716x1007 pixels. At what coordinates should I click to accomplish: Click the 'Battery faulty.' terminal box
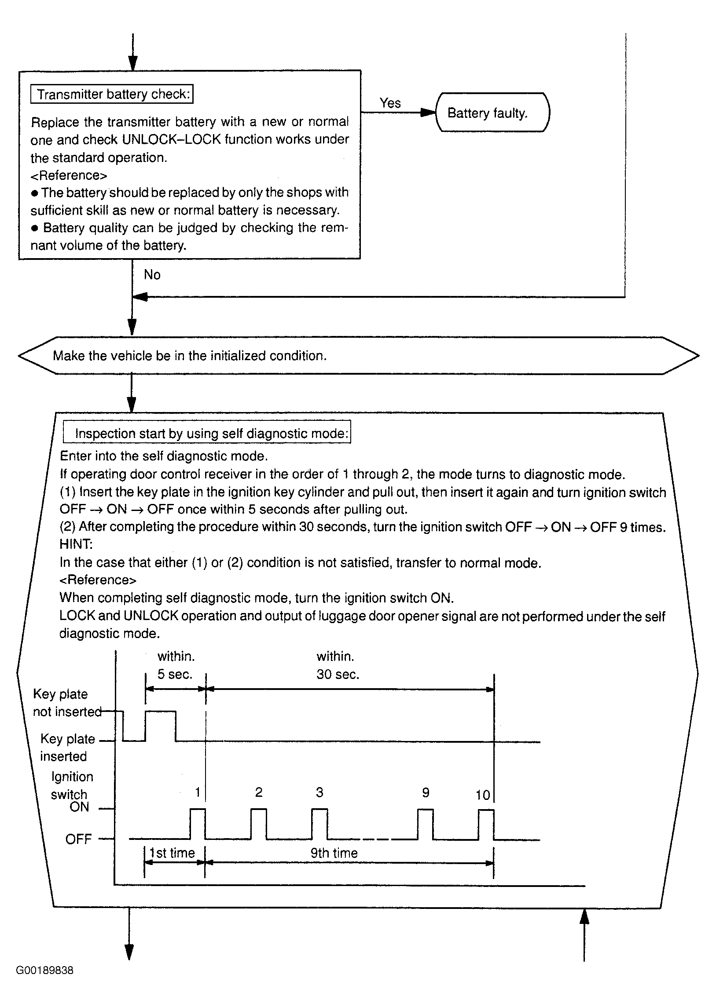[x=492, y=113]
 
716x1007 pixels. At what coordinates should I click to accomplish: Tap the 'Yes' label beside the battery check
[x=390, y=103]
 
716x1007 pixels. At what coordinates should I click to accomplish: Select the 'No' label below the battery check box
[x=152, y=275]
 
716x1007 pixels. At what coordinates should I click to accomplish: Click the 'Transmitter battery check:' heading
[x=112, y=94]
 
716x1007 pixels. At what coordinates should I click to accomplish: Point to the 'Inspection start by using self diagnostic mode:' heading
[x=207, y=434]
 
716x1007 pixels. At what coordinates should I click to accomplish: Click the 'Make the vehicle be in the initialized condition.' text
[x=190, y=356]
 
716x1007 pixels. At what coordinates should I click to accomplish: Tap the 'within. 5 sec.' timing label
[x=176, y=665]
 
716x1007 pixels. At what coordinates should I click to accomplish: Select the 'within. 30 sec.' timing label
[x=337, y=665]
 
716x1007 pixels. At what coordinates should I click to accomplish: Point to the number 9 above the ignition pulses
[x=426, y=793]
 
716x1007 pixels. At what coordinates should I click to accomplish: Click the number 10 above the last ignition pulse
[x=482, y=795]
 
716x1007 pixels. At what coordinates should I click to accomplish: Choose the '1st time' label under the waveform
[x=172, y=853]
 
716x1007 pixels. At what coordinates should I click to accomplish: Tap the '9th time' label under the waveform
[x=334, y=853]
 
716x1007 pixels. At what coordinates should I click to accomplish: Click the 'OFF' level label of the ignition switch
[x=78, y=839]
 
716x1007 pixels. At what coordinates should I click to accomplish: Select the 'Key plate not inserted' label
[x=66, y=703]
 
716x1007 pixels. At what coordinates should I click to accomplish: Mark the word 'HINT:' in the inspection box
[x=76, y=544]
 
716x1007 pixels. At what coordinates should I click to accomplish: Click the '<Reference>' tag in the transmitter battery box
[x=69, y=175]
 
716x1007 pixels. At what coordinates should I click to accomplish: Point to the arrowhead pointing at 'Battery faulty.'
[x=428, y=113]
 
